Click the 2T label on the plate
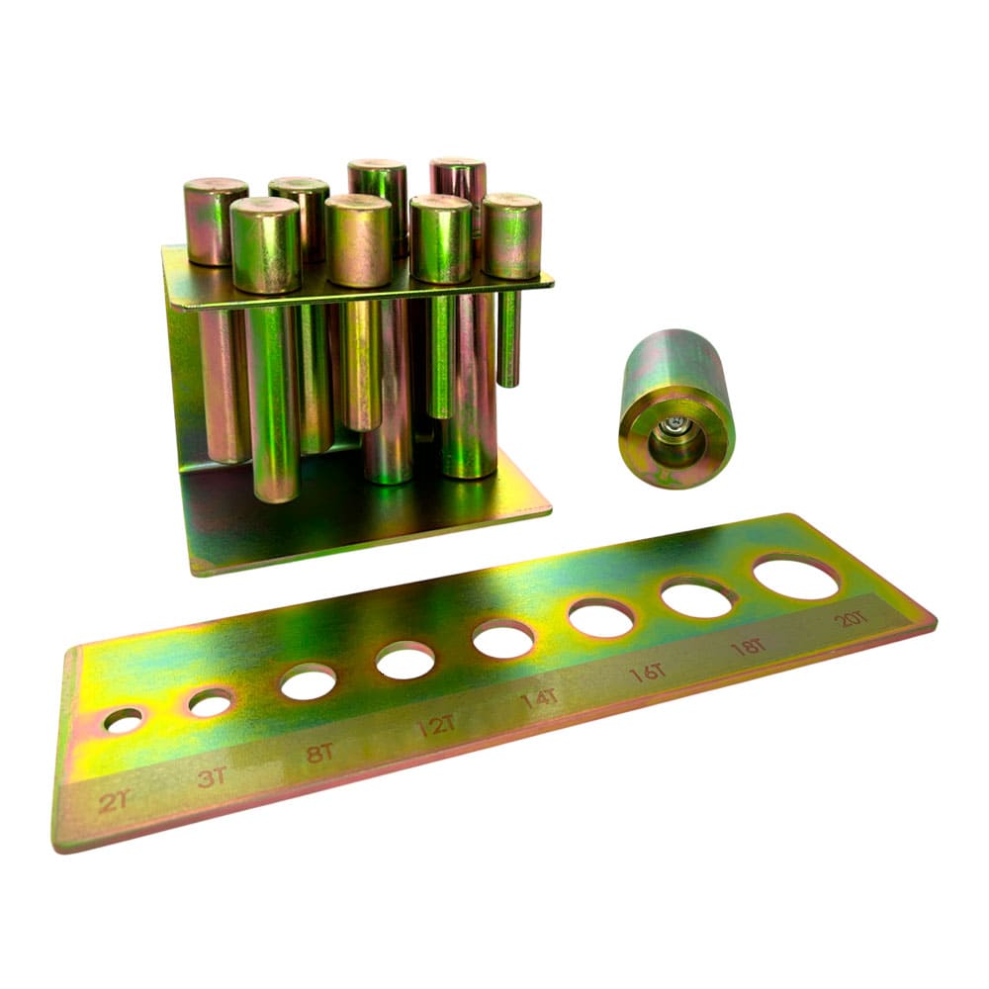115,801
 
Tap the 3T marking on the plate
213,777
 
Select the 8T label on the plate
319,753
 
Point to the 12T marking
436,726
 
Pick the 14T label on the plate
539,699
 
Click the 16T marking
648,673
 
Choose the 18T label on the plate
748,647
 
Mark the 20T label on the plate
852,619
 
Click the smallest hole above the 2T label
125,720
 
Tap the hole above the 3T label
211,702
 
